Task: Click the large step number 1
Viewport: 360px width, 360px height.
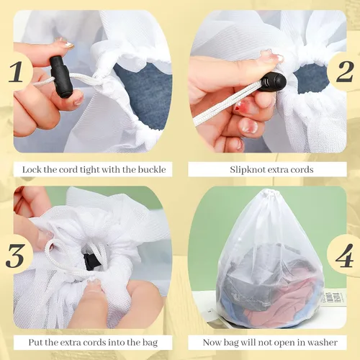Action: (16, 71)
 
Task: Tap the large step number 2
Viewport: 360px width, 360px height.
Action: (345, 71)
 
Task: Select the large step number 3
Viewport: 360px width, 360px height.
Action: (15, 256)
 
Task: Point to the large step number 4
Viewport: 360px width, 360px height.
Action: (345, 256)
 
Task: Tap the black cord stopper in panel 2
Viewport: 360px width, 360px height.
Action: (274, 83)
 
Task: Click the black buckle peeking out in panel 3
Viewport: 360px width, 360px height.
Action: (89, 261)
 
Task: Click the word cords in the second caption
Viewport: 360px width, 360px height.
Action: (302, 170)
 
